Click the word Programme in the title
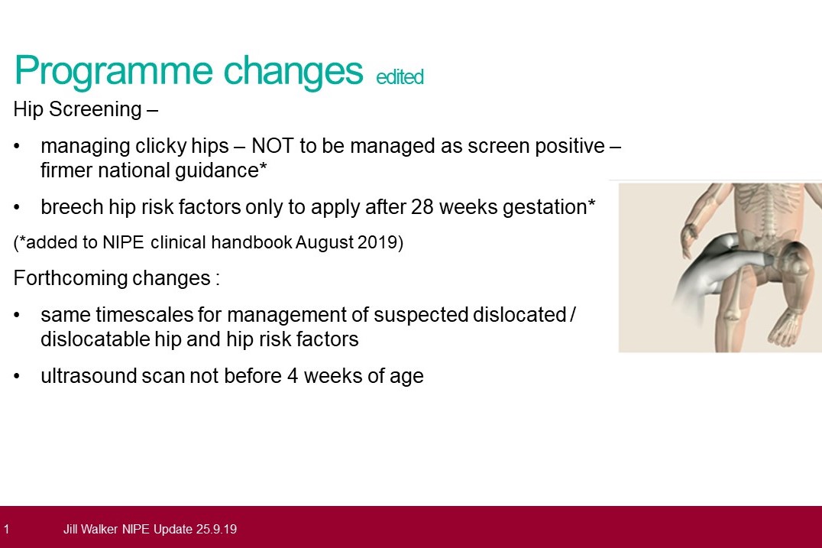coord(113,71)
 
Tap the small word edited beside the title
coord(400,76)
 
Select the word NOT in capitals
coord(273,146)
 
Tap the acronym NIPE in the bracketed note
coord(123,242)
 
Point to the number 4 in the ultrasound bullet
coord(293,376)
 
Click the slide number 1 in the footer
coord(6,529)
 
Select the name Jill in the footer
coord(70,529)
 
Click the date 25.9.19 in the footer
coord(216,529)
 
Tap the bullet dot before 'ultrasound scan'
coord(18,377)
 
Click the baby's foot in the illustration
coord(785,327)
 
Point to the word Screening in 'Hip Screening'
coord(95,109)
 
